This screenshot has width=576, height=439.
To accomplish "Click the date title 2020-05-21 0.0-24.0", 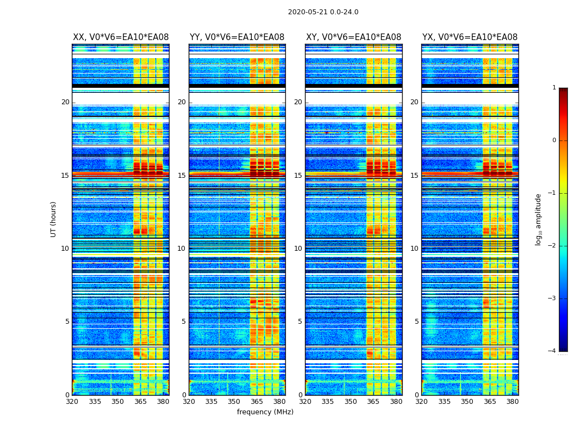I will pos(323,12).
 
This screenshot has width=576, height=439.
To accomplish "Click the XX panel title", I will pos(121,37).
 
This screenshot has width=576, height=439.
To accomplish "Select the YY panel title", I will pos(237,37).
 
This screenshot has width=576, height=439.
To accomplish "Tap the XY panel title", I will pos(353,37).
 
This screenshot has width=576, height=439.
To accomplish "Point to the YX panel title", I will pos(470,37).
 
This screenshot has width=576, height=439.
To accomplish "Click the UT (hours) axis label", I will pos(54,219).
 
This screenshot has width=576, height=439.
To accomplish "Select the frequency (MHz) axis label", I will pos(265,412).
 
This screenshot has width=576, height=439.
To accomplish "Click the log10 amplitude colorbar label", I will pos(539,219).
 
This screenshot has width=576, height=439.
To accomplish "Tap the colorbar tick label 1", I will pos(554,88).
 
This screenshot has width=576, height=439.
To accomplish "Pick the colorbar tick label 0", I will pos(554,140).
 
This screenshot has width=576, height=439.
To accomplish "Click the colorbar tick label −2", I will pos(552,246).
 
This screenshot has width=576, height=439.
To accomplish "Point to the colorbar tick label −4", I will pos(552,351).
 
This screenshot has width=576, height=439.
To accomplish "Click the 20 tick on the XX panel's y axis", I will pos(65,102).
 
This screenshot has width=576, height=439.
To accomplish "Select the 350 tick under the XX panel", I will pos(117,402).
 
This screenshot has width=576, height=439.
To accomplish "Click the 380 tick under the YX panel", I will pos(512,402).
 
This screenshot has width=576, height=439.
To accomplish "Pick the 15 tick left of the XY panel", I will pos(298,176).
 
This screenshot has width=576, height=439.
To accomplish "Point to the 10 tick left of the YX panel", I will pos(414,249).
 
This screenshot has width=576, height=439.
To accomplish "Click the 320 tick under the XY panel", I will pos(306,402).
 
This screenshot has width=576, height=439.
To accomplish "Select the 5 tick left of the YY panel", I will pos(184,322).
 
